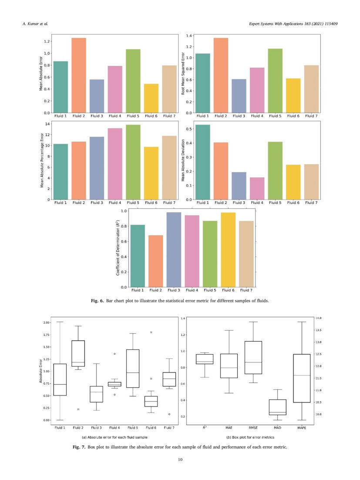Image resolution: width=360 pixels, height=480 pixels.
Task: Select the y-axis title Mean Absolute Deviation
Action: (183, 160)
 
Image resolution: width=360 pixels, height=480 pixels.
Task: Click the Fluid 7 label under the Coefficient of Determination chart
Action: (246, 290)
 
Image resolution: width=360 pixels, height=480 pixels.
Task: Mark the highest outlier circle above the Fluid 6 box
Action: (151, 332)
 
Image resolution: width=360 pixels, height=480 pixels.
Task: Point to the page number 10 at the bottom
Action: (180, 459)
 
